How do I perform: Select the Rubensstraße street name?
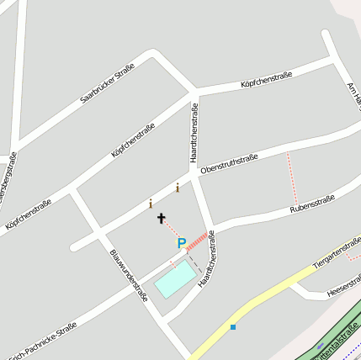[312, 203]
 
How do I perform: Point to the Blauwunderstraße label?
[129, 274]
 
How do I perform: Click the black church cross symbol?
[162, 219]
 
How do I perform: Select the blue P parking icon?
[181, 243]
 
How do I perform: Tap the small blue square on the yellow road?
[233, 326]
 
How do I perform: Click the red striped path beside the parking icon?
[196, 242]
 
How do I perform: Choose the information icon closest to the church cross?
[151, 203]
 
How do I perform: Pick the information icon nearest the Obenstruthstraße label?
[178, 188]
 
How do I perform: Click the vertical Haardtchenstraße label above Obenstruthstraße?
[194, 132]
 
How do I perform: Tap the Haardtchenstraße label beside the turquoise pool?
[207, 260]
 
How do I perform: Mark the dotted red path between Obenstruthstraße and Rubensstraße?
[293, 177]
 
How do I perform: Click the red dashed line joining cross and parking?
[171, 227]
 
